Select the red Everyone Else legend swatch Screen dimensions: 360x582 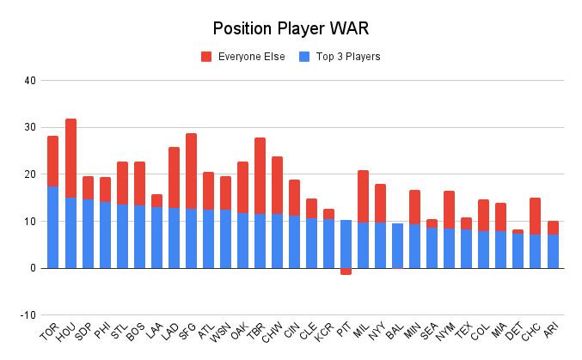pyautogui.click(x=206, y=57)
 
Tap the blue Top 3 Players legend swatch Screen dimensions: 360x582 pyautogui.click(x=303, y=57)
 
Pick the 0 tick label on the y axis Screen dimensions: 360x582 pyautogui.click(x=33, y=268)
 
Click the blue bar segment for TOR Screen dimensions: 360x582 pyautogui.click(x=53, y=227)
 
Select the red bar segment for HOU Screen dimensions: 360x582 pyautogui.click(x=70, y=158)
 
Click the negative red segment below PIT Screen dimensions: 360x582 pyautogui.click(x=346, y=272)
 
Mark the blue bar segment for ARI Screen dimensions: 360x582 pyautogui.click(x=552, y=251)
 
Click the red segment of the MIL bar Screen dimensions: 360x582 pyautogui.click(x=363, y=196)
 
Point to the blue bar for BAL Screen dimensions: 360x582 pyautogui.click(x=397, y=246)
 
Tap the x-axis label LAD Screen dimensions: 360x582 pyautogui.click(x=171, y=333)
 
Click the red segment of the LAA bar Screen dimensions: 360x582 pyautogui.click(x=156, y=200)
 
